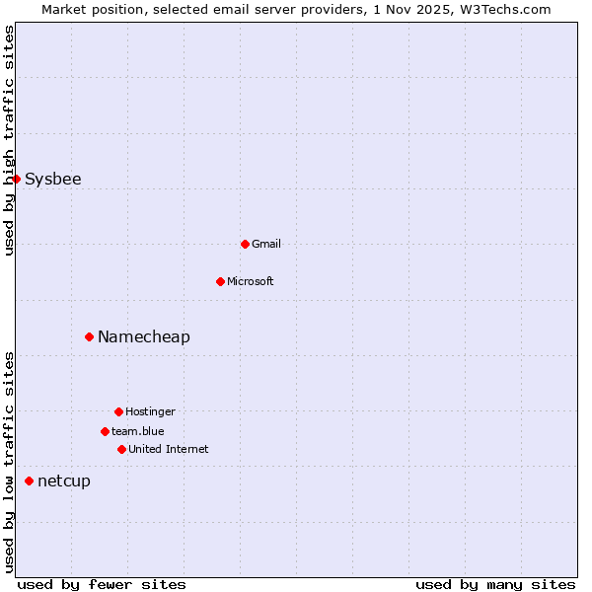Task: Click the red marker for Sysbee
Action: [16, 179]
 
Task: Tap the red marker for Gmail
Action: [245, 244]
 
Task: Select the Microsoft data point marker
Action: [220, 281]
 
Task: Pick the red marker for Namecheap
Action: [89, 336]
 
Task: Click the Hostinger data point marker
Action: [118, 411]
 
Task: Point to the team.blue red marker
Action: [105, 431]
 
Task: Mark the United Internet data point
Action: [121, 449]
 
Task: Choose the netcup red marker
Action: [29, 481]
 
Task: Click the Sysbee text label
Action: [53, 179]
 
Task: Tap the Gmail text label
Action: [266, 244]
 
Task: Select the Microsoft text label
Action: [251, 281]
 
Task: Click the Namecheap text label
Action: [144, 336]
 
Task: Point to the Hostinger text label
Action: [150, 411]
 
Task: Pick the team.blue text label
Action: [138, 431]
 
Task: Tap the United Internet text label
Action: [169, 449]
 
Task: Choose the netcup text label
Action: [64, 481]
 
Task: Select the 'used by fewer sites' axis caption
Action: [102, 584]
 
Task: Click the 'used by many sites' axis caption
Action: [495, 584]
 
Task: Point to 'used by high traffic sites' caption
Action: [9, 140]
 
